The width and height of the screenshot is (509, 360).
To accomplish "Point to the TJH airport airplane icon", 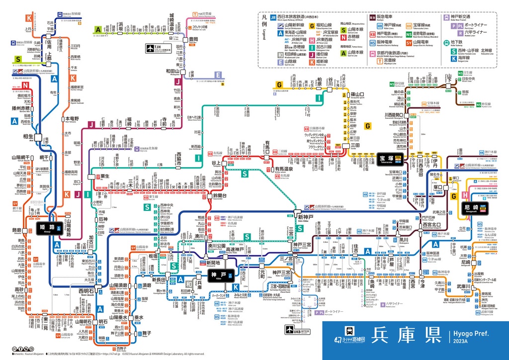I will coord(151,48).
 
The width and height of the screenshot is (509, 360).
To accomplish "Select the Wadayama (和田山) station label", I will coord(172,71).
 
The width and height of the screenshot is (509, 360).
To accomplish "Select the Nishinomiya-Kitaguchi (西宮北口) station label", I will coord(431,225).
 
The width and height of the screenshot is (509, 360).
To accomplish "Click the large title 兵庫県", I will coord(399,334).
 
